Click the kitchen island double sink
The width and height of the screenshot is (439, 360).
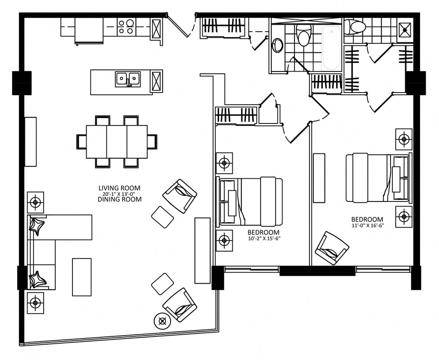tap(128, 79)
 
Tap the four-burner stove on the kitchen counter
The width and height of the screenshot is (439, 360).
tap(126, 27)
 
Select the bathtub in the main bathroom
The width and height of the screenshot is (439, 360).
tap(332, 48)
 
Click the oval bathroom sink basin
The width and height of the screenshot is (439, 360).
tap(277, 45)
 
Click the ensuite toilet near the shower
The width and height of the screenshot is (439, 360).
tap(355, 27)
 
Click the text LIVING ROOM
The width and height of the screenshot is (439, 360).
tap(119, 188)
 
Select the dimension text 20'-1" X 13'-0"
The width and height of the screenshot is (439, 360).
tap(119, 194)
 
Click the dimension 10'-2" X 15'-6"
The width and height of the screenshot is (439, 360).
tap(264, 239)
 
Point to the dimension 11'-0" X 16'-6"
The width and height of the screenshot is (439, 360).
tap(367, 225)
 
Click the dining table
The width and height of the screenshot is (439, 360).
tap(117, 142)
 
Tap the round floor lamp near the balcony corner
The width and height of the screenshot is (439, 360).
tap(162, 321)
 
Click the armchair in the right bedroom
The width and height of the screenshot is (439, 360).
tap(332, 248)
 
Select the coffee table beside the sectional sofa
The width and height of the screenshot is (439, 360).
tap(82, 277)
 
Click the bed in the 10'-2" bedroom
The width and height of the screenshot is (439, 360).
tap(250, 201)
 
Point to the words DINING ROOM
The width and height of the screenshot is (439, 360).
tap(120, 199)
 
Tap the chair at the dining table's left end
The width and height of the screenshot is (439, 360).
tap(81, 142)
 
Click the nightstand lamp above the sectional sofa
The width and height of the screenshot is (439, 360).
tap(35, 202)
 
